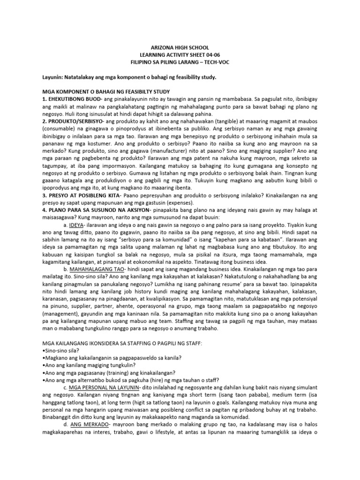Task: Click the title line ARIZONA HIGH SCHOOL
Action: [x=180, y=48]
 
